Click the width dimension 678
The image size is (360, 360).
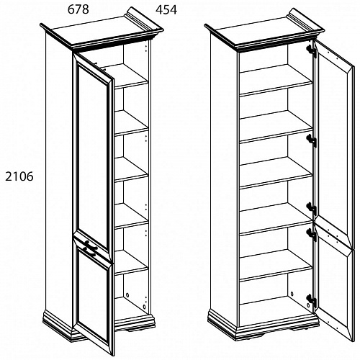coord(78,9)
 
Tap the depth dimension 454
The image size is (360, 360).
coord(166,10)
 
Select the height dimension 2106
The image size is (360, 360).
coord(19,177)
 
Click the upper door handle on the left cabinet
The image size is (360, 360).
coord(91,243)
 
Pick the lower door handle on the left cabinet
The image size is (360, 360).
coord(89,251)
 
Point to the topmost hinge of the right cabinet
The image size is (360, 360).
coord(312,51)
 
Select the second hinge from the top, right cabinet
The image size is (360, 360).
coord(312,140)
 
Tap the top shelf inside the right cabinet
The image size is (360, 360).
coord(276,80)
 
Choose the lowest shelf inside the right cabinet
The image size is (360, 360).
coord(276,265)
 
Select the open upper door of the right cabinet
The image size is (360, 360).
coord(335,144)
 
